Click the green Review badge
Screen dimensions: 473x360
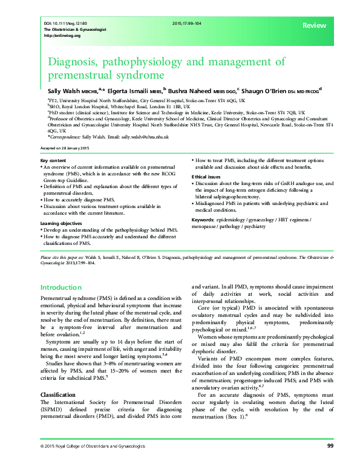click(314, 25)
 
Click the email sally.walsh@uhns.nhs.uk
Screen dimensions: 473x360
click(144, 137)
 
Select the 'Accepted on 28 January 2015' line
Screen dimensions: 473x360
click(64, 148)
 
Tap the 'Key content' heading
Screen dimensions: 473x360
click(54, 159)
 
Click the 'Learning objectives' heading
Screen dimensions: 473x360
click(62, 224)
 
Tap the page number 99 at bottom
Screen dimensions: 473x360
click(330, 463)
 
